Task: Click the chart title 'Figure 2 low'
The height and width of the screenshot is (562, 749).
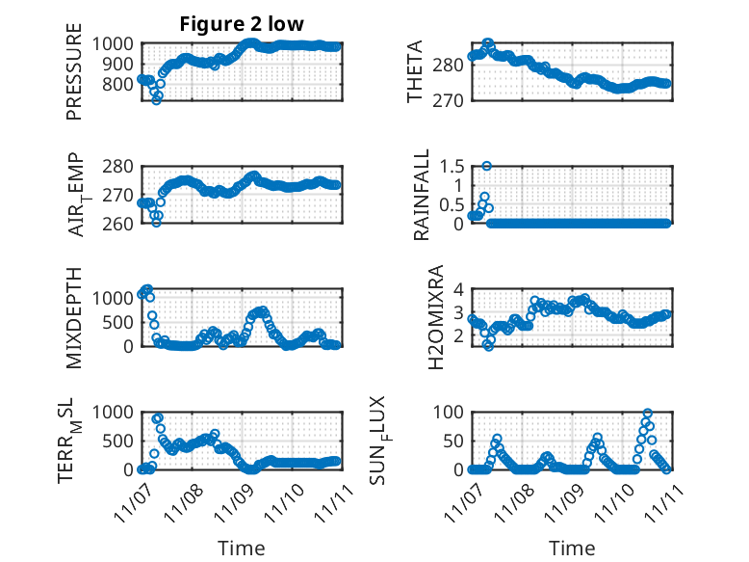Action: pos(243,25)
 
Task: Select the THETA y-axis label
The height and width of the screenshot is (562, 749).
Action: pos(415,72)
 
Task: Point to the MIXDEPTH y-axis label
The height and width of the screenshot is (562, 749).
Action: pos(74,316)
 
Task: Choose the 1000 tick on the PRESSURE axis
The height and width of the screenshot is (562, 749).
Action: pos(118,43)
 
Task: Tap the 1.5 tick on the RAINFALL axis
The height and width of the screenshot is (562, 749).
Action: pos(451,166)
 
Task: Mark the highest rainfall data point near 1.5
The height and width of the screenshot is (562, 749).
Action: pos(487,166)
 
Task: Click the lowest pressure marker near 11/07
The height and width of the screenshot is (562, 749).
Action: pos(156,99)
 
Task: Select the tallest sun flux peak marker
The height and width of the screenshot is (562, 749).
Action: pos(647,413)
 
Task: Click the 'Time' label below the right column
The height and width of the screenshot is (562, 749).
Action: pos(572,549)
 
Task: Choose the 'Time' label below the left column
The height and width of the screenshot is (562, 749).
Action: pos(242,549)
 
